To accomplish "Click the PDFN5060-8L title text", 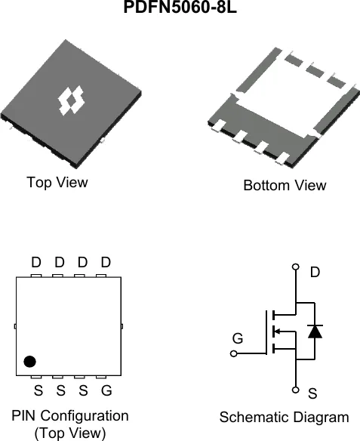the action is pos(180,7).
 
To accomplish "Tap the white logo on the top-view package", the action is pos(71,100).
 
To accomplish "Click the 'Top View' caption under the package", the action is pos(57,182).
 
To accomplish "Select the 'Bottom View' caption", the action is pos(285,185).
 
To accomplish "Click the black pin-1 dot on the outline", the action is pos(29,362).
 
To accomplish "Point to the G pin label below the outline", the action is pos(106,390).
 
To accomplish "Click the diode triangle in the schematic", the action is pos(315,332).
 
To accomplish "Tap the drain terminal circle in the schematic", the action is pos(296,267).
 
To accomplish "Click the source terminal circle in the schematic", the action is pos(295,390).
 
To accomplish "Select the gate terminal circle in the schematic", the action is pos(233,353).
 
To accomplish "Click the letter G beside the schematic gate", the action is pos(238,338).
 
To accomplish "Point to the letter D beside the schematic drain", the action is pos(315,272).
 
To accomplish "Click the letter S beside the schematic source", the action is pos(312,393).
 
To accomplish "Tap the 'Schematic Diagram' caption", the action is pos(284,417).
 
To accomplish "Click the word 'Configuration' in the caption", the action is pos(85,416).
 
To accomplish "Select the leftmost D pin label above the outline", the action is pos(36,262).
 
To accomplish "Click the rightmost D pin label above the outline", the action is pos(106,262).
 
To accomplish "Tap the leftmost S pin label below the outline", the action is pos(38,390).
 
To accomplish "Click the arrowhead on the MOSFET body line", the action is pos(276,332).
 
